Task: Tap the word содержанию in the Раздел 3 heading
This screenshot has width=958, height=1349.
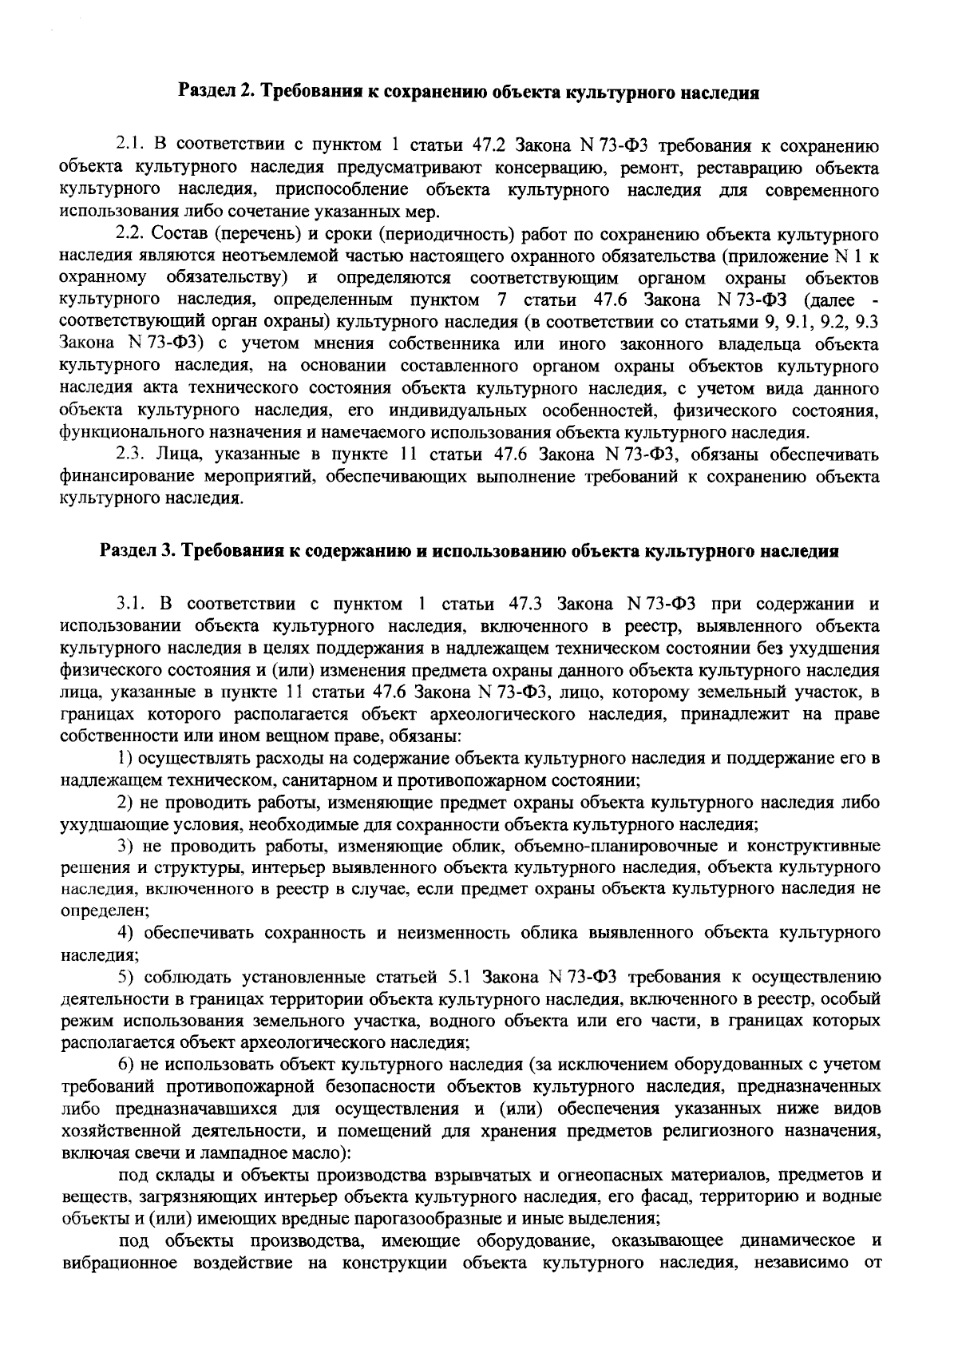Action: coord(364,551)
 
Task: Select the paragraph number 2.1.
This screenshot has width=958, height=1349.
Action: coord(129,146)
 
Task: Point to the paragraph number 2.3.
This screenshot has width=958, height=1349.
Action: coord(129,455)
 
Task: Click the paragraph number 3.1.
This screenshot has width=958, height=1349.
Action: coord(130,603)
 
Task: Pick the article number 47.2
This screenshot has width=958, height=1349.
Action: coord(491,146)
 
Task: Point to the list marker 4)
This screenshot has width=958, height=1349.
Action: coord(125,932)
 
